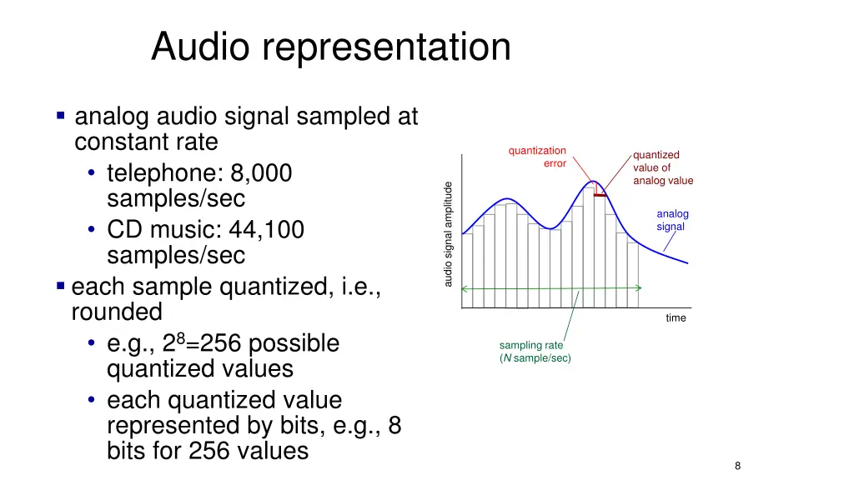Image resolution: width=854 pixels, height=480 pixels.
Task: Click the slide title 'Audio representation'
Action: click(x=330, y=47)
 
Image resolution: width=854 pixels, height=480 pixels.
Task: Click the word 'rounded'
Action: click(x=117, y=312)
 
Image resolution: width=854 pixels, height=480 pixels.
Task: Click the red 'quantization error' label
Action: click(x=537, y=157)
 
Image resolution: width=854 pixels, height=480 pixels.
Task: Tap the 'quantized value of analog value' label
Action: click(x=662, y=167)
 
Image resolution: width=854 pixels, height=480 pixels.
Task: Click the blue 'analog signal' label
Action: click(x=671, y=220)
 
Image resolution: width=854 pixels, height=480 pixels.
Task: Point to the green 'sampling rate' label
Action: click(x=531, y=345)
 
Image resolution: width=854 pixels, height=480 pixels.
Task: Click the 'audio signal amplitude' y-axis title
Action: click(x=448, y=234)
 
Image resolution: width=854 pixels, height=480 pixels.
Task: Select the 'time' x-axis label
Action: click(x=676, y=317)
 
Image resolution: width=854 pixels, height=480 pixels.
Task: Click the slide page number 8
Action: click(x=737, y=466)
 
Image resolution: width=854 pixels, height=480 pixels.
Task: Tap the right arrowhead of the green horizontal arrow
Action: click(x=638, y=287)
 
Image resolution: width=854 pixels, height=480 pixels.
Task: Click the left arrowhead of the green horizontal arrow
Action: click(x=465, y=288)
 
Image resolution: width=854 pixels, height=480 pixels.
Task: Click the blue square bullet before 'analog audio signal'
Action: click(x=61, y=116)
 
